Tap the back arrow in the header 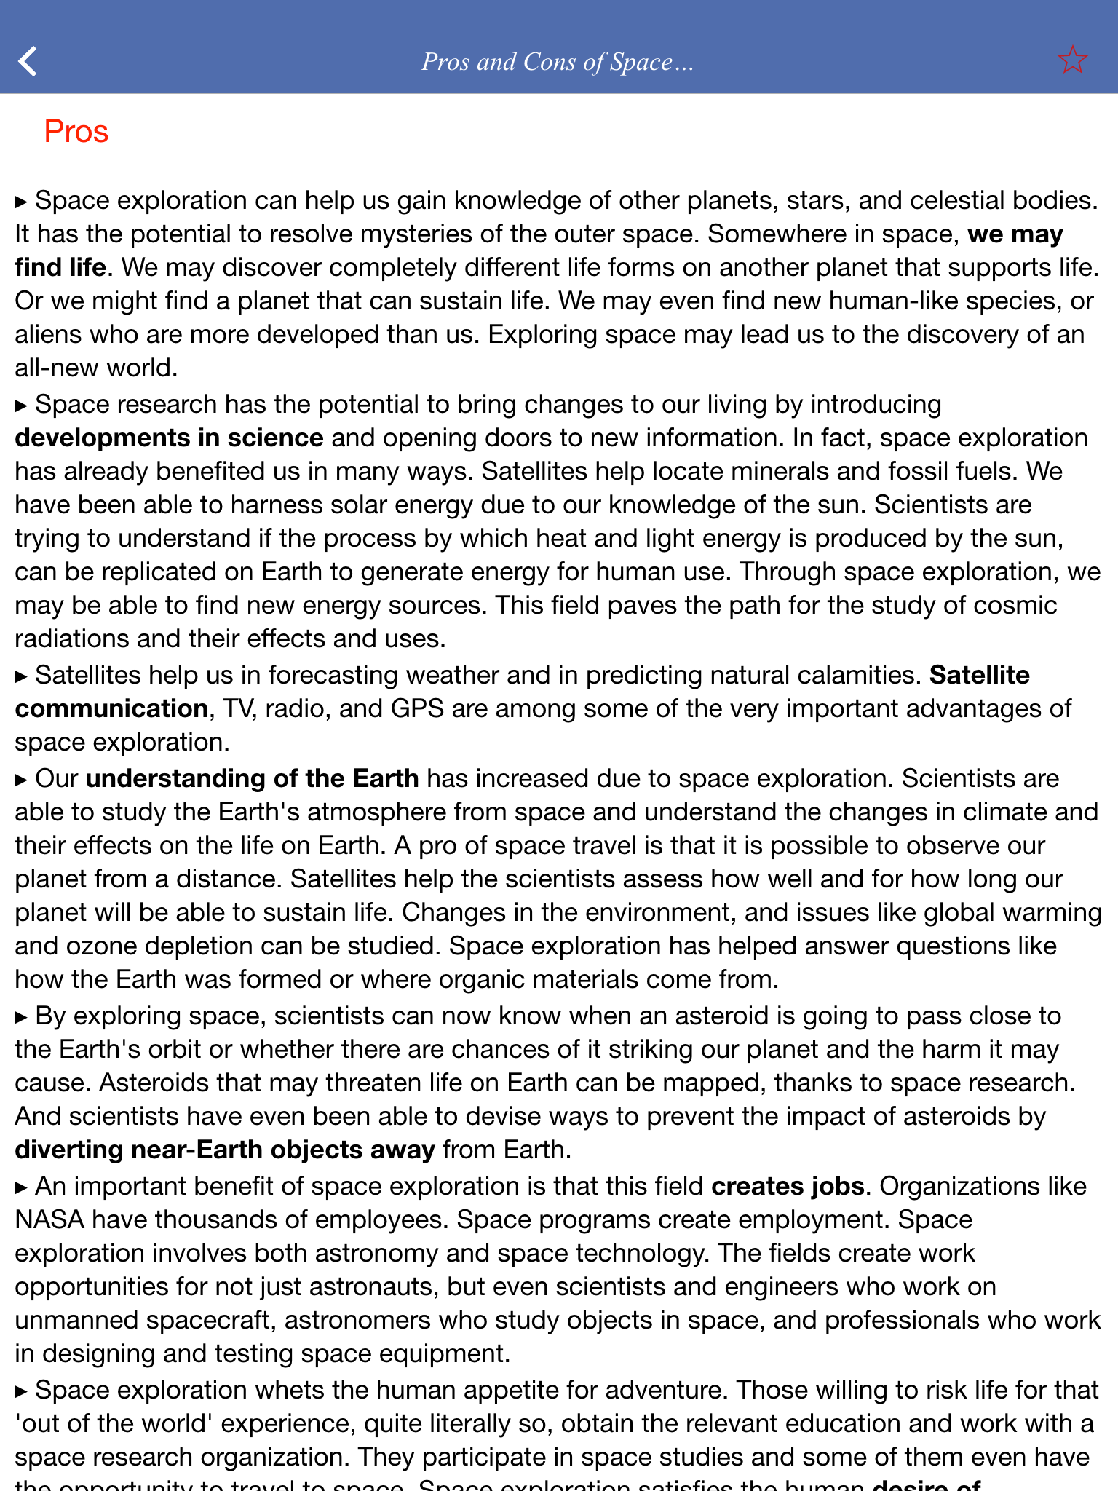pyautogui.click(x=28, y=61)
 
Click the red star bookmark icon pyautogui.click(x=1072, y=60)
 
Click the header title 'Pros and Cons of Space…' pyautogui.click(x=558, y=62)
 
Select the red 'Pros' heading pyautogui.click(x=76, y=132)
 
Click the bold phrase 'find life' pyautogui.click(x=60, y=267)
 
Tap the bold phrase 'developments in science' pyautogui.click(x=169, y=438)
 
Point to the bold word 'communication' pyautogui.click(x=111, y=708)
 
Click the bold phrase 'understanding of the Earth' pyautogui.click(x=252, y=778)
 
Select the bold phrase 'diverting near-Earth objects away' pyautogui.click(x=225, y=1150)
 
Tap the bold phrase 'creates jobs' pyautogui.click(x=788, y=1186)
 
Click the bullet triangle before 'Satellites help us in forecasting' pyautogui.click(x=21, y=676)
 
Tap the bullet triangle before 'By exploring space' pyautogui.click(x=21, y=1017)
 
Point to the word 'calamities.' pyautogui.click(x=859, y=675)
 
